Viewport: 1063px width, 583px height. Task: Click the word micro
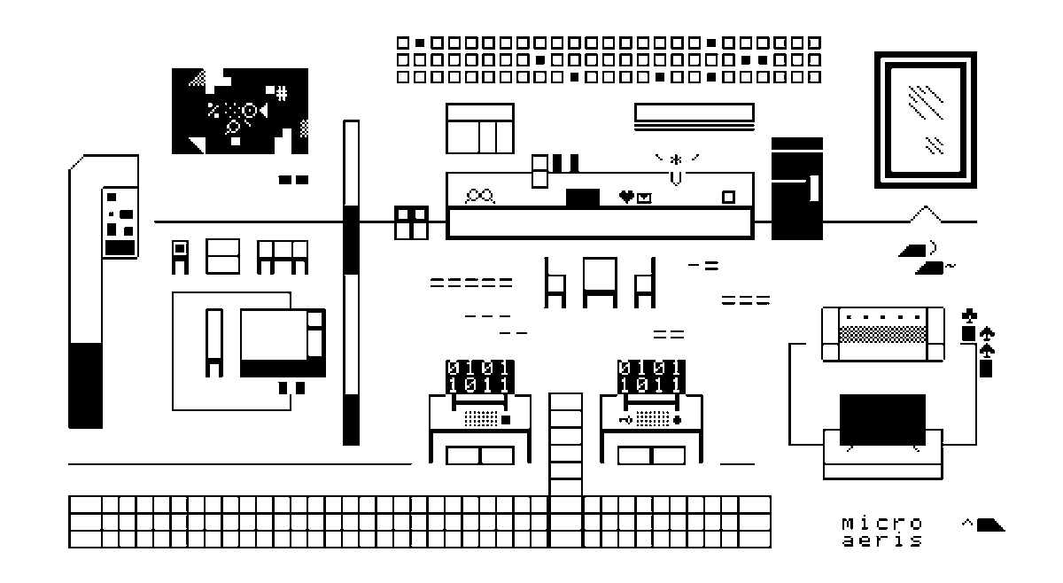coord(881,523)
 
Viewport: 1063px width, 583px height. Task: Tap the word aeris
coord(881,540)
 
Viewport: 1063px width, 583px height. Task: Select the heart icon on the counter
coord(626,197)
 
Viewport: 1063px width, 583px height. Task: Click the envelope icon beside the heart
coord(644,198)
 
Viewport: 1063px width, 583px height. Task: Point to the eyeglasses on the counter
coord(481,197)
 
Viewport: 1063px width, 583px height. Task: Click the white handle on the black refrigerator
coord(813,188)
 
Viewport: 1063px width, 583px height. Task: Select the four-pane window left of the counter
coord(411,222)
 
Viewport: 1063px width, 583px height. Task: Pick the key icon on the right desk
coord(625,418)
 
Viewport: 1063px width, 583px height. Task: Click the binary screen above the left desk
coord(479,377)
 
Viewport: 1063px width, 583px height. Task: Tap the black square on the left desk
coord(507,420)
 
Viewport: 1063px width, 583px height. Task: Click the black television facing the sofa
coord(882,420)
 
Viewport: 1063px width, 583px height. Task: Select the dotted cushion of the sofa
coord(882,334)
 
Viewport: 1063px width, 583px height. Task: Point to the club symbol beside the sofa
coord(969,315)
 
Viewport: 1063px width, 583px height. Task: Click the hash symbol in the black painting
coord(281,91)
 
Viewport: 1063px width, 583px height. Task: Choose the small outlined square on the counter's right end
coord(728,197)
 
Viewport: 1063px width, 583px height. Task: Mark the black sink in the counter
coord(582,198)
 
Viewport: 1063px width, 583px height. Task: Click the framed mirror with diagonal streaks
coord(925,120)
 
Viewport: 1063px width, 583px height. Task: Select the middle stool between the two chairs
coord(600,281)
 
